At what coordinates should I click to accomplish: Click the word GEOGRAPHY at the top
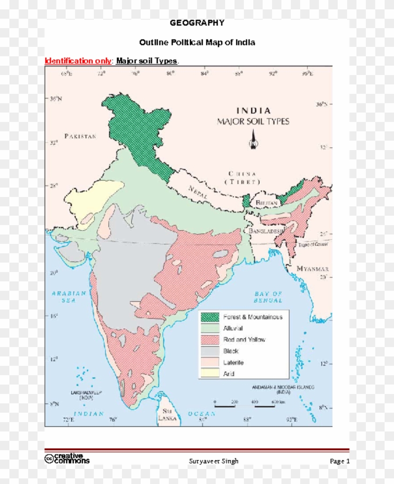(x=197, y=23)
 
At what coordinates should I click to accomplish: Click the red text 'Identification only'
(x=78, y=61)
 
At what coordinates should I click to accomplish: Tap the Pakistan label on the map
(x=80, y=136)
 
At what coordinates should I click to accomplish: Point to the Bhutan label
(x=267, y=203)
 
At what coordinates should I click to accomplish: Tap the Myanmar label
(x=312, y=269)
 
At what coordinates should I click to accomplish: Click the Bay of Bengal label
(x=268, y=297)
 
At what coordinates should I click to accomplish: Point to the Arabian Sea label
(x=69, y=296)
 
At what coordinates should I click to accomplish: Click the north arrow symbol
(x=253, y=139)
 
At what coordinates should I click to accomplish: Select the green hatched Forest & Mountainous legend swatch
(x=210, y=317)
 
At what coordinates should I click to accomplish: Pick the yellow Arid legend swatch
(x=210, y=374)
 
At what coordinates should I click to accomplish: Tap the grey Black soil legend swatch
(x=210, y=351)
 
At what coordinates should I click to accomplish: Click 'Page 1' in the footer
(x=340, y=461)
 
